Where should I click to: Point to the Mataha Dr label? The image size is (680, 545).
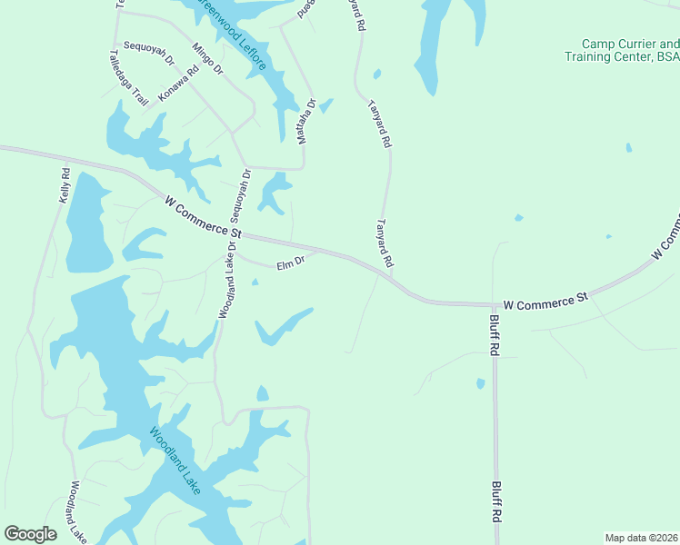pyautogui.click(x=305, y=121)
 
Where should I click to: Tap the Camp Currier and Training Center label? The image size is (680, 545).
pyautogui.click(x=630, y=50)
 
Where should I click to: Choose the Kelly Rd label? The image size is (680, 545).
pyautogui.click(x=65, y=184)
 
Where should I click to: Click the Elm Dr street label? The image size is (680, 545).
pyautogui.click(x=290, y=263)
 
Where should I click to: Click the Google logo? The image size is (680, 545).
pyautogui.click(x=30, y=534)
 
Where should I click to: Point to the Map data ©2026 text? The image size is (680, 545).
pyautogui.click(x=641, y=538)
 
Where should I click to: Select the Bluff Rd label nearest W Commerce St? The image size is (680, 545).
pyautogui.click(x=493, y=335)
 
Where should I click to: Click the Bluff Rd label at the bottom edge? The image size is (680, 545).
pyautogui.click(x=497, y=501)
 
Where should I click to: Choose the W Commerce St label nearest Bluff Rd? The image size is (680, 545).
pyautogui.click(x=545, y=301)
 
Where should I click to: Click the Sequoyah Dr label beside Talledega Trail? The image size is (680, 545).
pyautogui.click(x=148, y=54)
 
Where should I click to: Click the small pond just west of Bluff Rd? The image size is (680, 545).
pyautogui.click(x=480, y=384)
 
